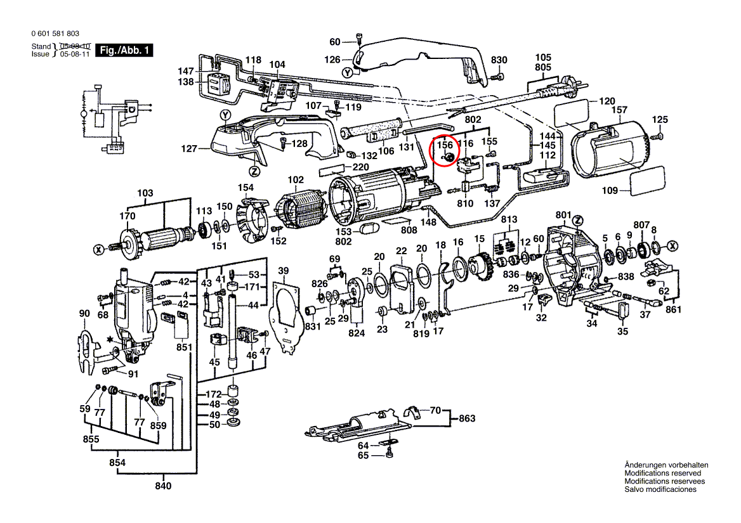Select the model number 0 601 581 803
point(55,34)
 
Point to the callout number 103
point(145,193)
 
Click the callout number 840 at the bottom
point(163,486)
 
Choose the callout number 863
point(467,418)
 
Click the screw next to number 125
point(660,135)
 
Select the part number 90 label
point(84,313)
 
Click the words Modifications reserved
point(663,473)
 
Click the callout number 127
point(190,149)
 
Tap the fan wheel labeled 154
point(252,222)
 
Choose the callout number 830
point(499,60)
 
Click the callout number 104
point(277,65)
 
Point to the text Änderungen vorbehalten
point(666,465)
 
